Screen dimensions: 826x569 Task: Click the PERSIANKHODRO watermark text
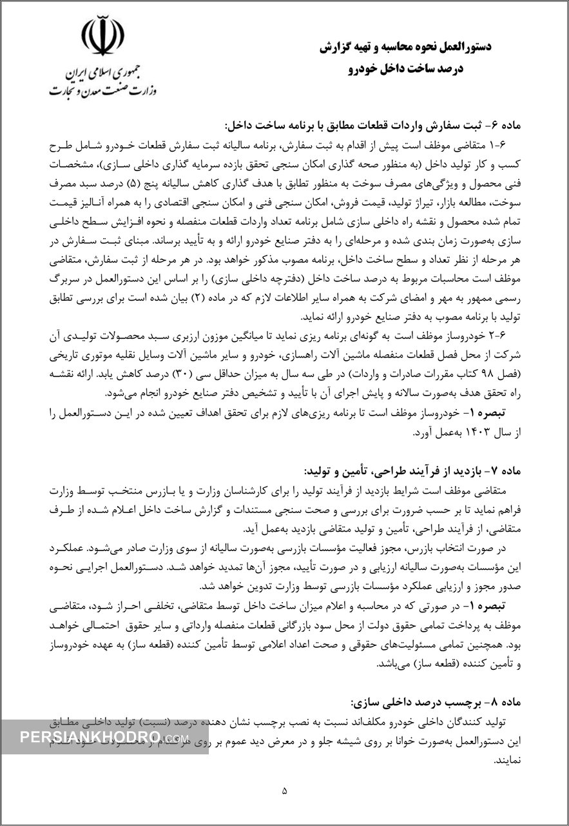coord(103,738)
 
